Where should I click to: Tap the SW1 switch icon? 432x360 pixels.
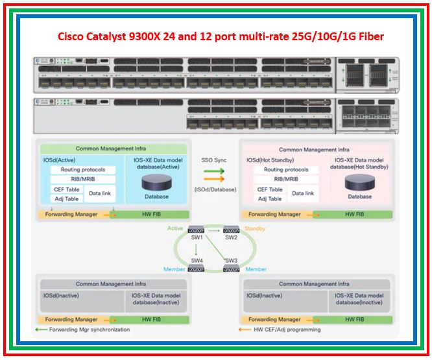(197, 229)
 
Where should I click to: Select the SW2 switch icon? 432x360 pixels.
(232, 229)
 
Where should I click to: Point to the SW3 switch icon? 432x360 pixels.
(232, 268)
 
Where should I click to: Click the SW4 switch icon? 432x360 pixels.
(197, 268)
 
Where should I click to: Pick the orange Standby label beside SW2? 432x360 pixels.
(255, 228)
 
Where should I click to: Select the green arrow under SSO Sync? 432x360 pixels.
(214, 171)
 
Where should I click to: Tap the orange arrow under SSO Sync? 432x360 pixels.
(214, 179)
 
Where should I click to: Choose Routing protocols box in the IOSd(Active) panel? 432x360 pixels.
(84, 170)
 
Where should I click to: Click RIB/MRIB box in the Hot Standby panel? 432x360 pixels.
(286, 180)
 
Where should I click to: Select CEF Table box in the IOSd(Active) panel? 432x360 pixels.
(67, 189)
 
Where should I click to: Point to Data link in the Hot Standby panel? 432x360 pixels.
(303, 193)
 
